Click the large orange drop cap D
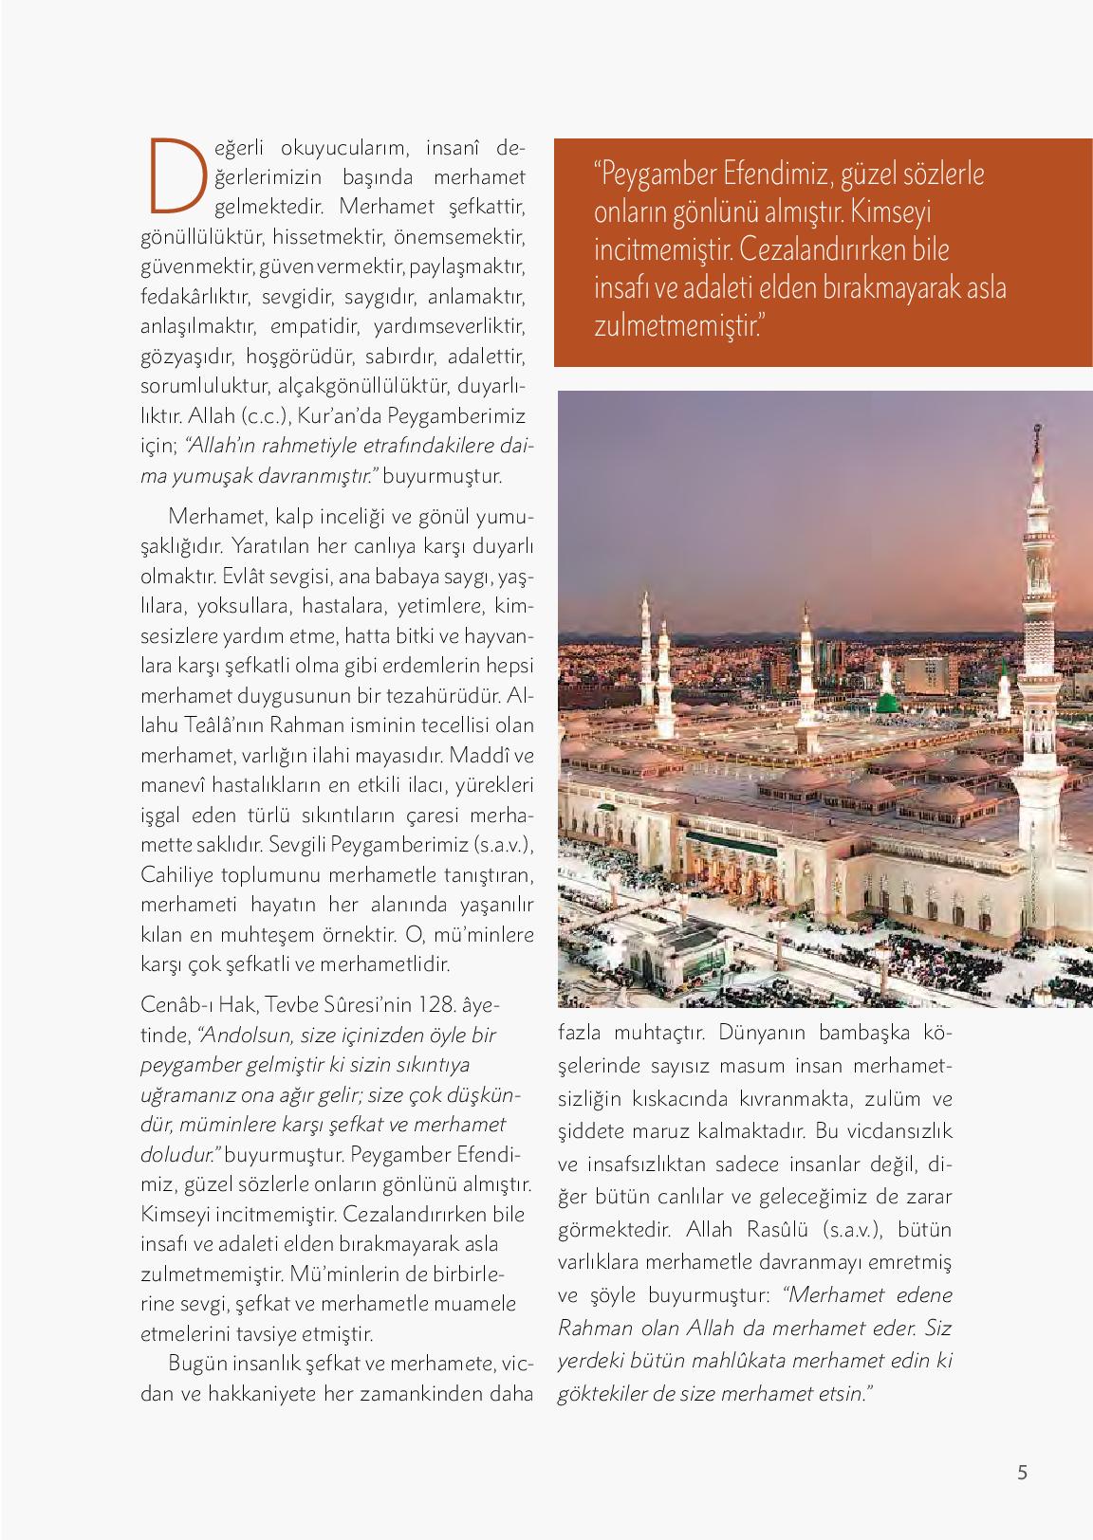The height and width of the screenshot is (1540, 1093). tap(175, 175)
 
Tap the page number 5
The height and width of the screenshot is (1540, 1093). tap(1021, 1473)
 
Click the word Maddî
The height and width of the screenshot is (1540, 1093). tap(481, 757)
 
